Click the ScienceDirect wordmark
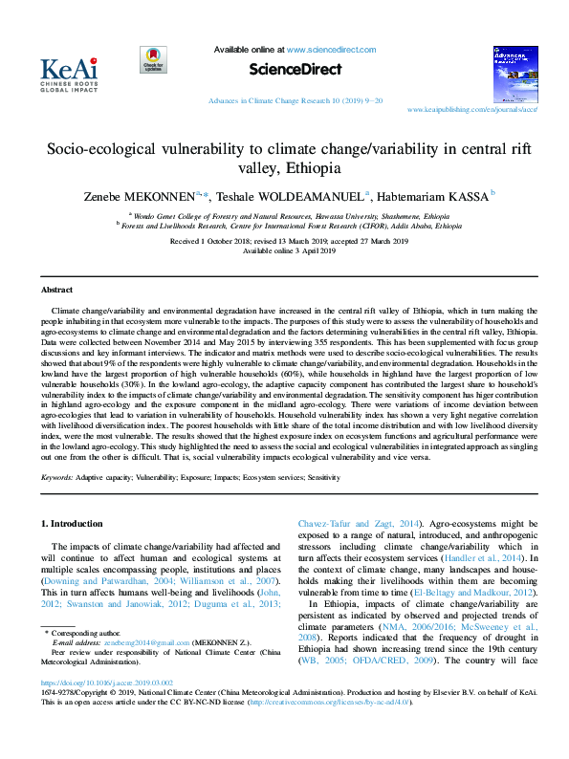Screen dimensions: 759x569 pos(285,70)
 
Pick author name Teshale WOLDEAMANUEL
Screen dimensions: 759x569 pos(294,195)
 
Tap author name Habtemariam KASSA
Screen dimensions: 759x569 pos(431,195)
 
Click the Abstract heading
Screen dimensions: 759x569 pos(56,289)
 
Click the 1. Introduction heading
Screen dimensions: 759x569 pos(75,524)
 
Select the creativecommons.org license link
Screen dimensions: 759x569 pos(331,728)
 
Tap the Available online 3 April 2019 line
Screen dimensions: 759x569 pos(284,250)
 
